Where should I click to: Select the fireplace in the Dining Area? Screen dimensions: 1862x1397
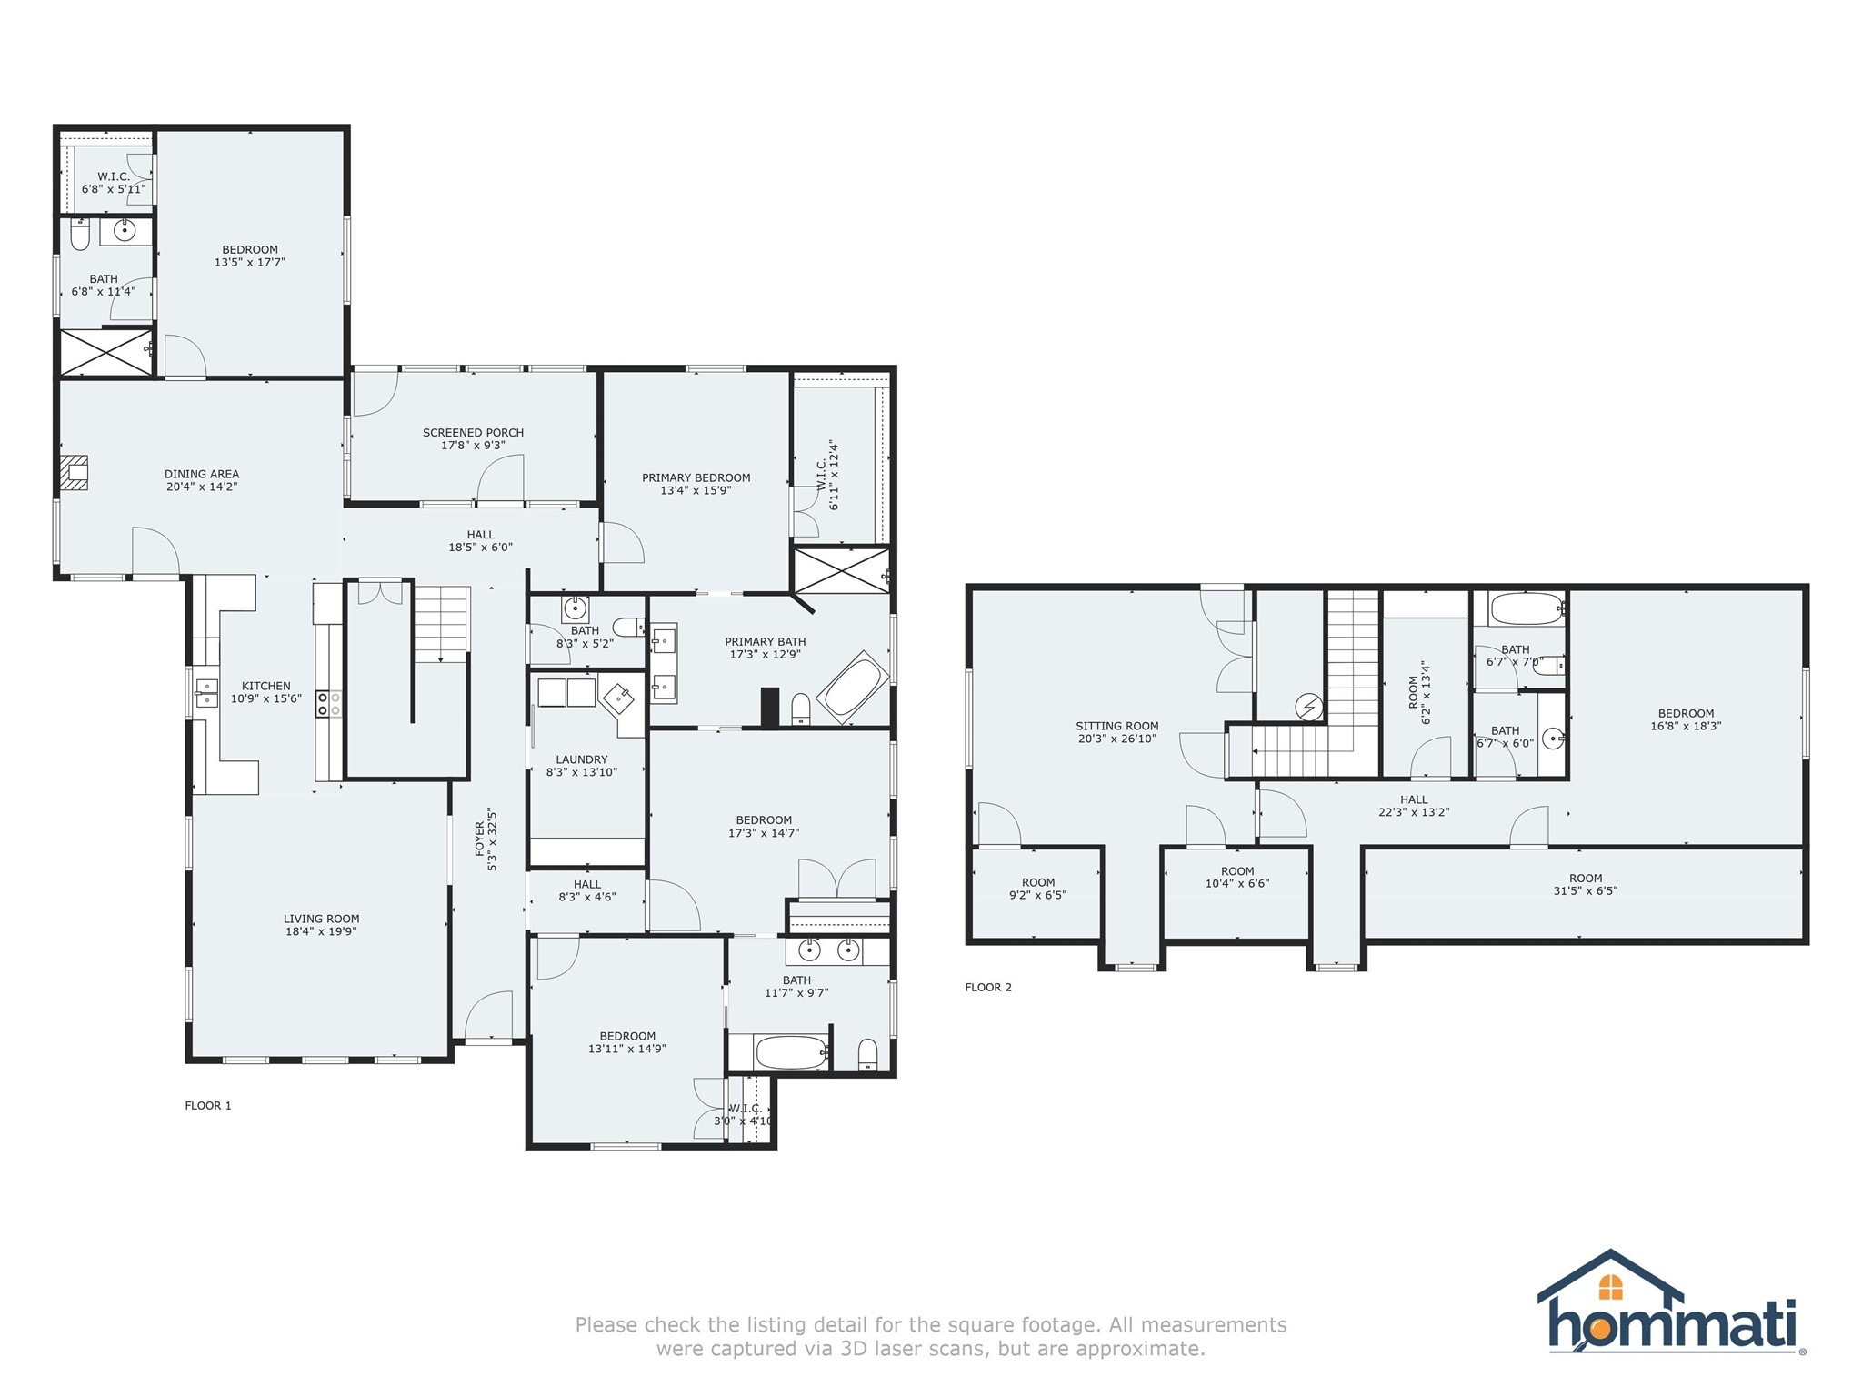pyautogui.click(x=75, y=474)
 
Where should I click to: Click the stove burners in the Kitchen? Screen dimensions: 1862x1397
pyautogui.click(x=328, y=703)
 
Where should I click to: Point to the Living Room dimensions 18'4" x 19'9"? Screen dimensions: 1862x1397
pyautogui.click(x=320, y=931)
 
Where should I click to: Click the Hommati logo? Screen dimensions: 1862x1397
pyautogui.click(x=1671, y=1302)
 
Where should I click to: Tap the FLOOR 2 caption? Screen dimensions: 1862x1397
pyautogui.click(x=988, y=987)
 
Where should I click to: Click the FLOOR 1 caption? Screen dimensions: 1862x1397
pyautogui.click(x=208, y=1105)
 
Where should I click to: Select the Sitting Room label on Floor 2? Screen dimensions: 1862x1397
pyautogui.click(x=1117, y=726)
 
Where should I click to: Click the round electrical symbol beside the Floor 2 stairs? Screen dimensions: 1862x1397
pyautogui.click(x=1309, y=707)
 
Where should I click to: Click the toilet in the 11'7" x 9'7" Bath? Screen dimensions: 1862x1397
pyautogui.click(x=867, y=1054)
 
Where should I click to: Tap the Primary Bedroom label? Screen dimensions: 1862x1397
pyautogui.click(x=696, y=477)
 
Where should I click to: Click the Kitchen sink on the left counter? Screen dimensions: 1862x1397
pyautogui.click(x=206, y=693)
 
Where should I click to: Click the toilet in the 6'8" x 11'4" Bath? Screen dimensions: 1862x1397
pyautogui.click(x=80, y=233)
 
